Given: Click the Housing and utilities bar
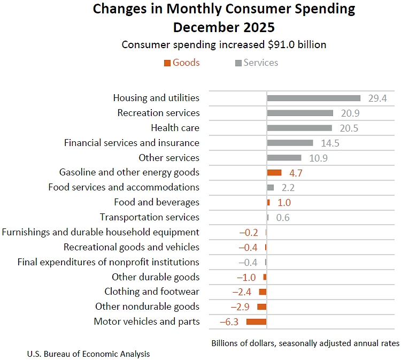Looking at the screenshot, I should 313,98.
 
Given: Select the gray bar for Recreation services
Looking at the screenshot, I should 300,113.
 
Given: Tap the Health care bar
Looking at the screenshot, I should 299,128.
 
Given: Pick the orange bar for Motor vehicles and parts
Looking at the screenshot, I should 256,321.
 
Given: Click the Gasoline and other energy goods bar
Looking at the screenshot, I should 274,172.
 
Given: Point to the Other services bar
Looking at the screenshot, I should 284,158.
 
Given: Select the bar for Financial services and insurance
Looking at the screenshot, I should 290,143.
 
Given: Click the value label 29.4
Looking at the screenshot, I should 377,98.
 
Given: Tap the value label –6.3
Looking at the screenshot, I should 229,321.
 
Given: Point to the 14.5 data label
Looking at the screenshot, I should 330,143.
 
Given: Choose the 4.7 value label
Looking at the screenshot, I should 296,173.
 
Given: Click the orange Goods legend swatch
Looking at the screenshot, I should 167,63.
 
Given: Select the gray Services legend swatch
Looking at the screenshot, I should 238,63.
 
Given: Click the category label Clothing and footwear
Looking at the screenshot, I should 152,292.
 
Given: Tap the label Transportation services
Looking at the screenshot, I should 149,217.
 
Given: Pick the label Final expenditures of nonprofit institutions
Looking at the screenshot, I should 108,262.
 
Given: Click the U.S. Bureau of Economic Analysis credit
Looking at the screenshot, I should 88,354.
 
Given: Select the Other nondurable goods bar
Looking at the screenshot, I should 261,307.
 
